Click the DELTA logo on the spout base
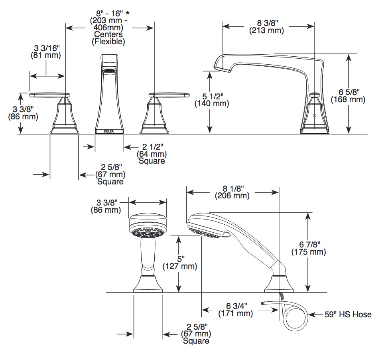tap(109, 131)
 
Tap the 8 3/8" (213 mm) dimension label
tap(267, 27)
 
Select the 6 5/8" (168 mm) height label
tap(348, 96)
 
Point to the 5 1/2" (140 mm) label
tap(212, 100)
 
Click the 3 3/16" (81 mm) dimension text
tap(46, 51)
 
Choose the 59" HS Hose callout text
tap(348, 315)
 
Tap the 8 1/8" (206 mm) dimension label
tap(232, 192)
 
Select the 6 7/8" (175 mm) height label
tap(309, 248)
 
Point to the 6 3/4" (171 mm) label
tap(236, 310)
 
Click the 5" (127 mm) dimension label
tap(180, 263)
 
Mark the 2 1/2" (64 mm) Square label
tap(152, 154)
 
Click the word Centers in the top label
tap(108, 34)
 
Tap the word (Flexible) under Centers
tap(108, 42)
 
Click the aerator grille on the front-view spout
tap(109, 71)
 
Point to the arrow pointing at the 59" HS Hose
tap(315, 315)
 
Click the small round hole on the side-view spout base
tap(315, 115)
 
